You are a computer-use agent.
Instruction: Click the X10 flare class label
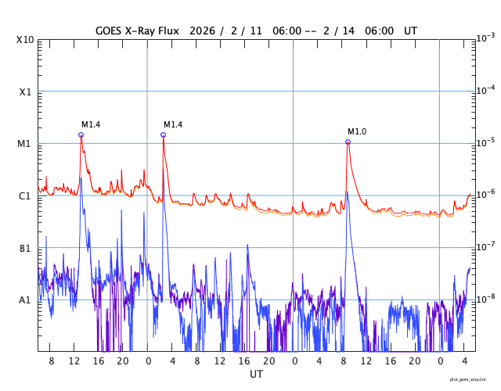(x=25, y=39)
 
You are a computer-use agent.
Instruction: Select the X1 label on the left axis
(x=25, y=91)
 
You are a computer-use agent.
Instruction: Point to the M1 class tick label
(x=25, y=144)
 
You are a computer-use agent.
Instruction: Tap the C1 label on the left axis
(x=25, y=195)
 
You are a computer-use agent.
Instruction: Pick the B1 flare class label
(x=25, y=248)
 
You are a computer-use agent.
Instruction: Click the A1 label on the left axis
(x=25, y=300)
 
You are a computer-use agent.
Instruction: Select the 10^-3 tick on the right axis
(x=485, y=38)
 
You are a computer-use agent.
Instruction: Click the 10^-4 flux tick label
(x=485, y=90)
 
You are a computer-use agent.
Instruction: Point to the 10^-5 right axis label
(x=485, y=142)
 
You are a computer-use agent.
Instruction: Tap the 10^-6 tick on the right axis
(x=485, y=194)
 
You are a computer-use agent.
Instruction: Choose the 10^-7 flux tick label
(x=485, y=246)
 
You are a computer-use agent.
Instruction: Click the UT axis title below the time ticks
(x=257, y=375)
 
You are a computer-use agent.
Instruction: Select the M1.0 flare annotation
(x=357, y=131)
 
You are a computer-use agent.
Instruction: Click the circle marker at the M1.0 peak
(x=348, y=142)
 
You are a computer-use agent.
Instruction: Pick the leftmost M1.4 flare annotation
(x=91, y=124)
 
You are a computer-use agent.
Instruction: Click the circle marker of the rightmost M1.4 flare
(x=163, y=135)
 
